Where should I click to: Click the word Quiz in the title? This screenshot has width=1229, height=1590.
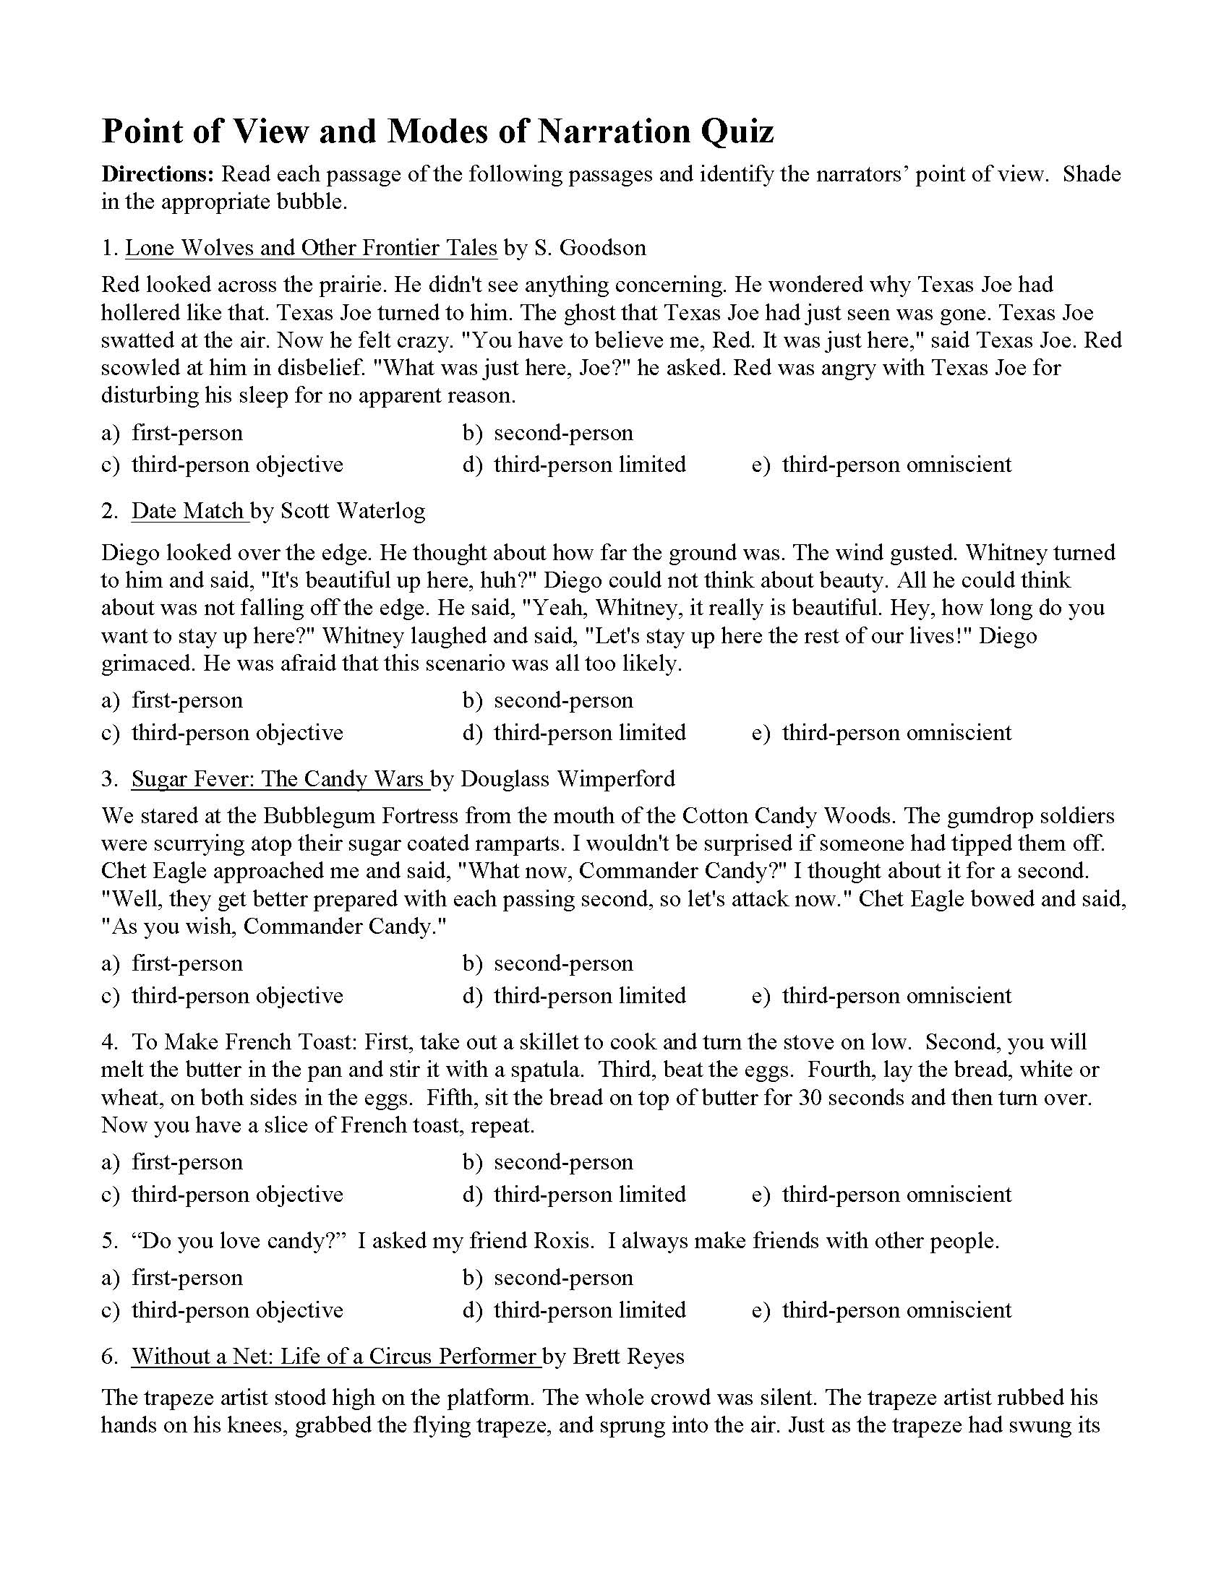tap(737, 132)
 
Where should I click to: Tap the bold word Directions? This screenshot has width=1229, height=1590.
tap(158, 174)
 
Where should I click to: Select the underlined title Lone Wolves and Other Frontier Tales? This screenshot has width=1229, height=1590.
tap(311, 248)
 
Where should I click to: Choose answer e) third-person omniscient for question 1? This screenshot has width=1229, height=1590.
tap(882, 465)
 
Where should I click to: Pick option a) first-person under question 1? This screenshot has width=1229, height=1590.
tap(173, 433)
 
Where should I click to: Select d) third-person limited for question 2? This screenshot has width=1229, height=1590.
tap(575, 732)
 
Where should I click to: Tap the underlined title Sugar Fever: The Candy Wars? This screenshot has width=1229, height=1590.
tap(278, 779)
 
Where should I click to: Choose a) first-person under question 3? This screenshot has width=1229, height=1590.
tap(173, 964)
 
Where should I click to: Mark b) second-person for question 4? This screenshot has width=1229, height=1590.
tap(548, 1162)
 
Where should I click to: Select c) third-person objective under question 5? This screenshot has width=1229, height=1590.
tap(223, 1310)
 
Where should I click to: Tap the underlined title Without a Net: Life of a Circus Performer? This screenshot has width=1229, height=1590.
tap(334, 1357)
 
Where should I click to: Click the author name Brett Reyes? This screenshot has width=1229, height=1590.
tap(628, 1357)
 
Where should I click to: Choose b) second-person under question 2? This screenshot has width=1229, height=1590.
tap(548, 700)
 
